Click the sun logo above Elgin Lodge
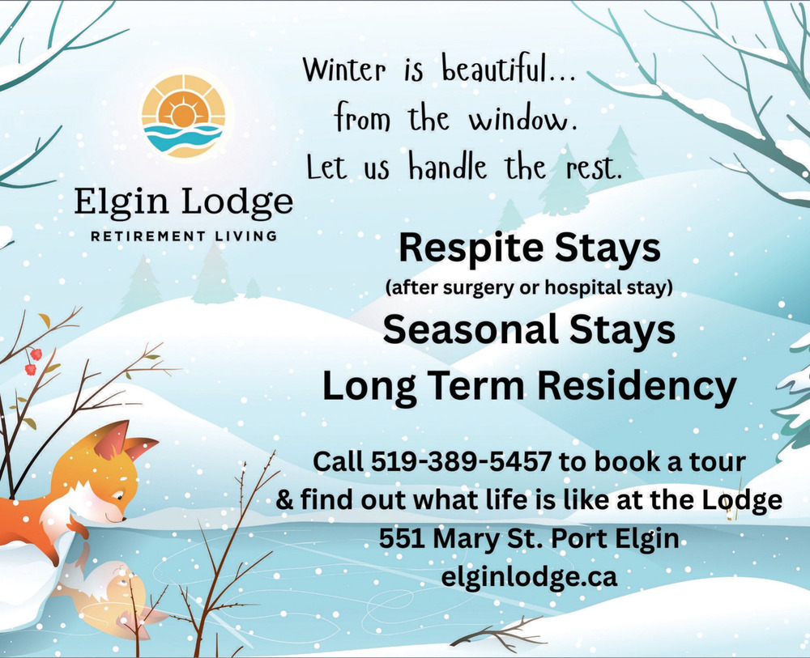tap(184, 116)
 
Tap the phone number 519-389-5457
tap(461, 461)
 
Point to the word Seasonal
tap(471, 329)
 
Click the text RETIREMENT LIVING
tap(184, 236)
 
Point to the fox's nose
tap(123, 518)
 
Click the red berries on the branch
tap(33, 362)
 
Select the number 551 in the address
tap(402, 539)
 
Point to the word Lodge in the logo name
tap(237, 203)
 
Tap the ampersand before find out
tap(284, 499)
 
